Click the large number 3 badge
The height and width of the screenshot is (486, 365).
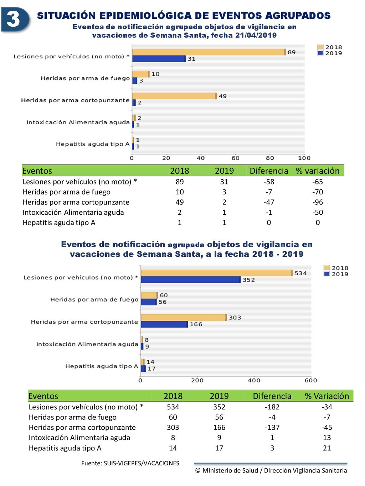pyautogui.click(x=15, y=19)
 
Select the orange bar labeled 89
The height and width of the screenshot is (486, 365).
pyautogui.click(x=209, y=52)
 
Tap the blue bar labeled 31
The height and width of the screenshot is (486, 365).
pyautogui.click(x=159, y=59)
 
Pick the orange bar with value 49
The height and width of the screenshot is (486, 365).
pyautogui.click(x=174, y=96)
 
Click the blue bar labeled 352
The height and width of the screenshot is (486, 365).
pyautogui.click(x=191, y=279)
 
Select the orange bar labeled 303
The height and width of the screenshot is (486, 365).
pyautogui.click(x=184, y=318)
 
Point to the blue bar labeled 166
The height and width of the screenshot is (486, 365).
pyautogui.click(x=164, y=324)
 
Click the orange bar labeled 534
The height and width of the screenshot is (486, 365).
pyautogui.click(x=216, y=273)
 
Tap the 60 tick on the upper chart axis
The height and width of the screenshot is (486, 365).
pyautogui.click(x=235, y=158)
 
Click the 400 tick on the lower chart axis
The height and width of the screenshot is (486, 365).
pyautogui.click(x=254, y=380)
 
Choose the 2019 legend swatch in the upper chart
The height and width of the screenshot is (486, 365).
pyautogui.click(x=320, y=53)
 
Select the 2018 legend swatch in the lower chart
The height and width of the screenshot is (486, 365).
pyautogui.click(x=327, y=268)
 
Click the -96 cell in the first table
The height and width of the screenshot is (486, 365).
pyautogui.click(x=318, y=202)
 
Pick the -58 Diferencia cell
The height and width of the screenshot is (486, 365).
pyautogui.click(x=269, y=182)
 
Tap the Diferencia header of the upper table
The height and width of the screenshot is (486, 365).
pyautogui.click(x=269, y=171)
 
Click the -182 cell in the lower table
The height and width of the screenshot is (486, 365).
pyautogui.click(x=272, y=407)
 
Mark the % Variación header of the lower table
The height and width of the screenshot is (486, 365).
pyautogui.click(x=327, y=396)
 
